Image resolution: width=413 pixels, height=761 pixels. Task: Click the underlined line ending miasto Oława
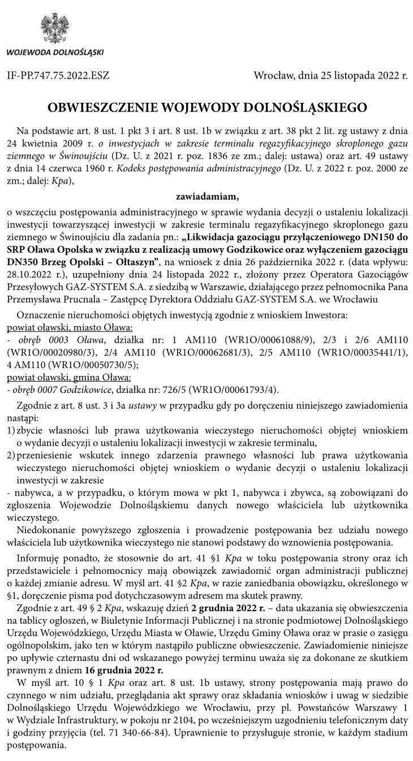click(70, 327)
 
